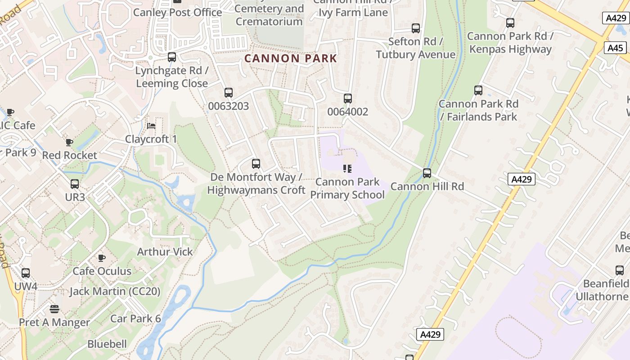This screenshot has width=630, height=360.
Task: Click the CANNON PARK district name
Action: (291, 58)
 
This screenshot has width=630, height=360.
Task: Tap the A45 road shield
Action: (615, 48)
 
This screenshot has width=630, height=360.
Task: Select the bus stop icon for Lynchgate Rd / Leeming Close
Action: (172, 57)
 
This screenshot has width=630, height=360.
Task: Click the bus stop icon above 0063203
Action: (229, 93)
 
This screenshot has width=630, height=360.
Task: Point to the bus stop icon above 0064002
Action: (347, 98)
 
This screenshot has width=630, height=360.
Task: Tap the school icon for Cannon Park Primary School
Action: (347, 169)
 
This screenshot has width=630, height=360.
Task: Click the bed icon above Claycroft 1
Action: (151, 126)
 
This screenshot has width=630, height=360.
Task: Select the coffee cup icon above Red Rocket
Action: (69, 142)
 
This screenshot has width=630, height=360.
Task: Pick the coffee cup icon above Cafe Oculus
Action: (102, 258)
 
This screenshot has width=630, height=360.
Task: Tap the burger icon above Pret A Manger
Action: (54, 309)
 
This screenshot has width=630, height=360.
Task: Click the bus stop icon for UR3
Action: (75, 184)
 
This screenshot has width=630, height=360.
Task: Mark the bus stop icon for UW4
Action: (26, 273)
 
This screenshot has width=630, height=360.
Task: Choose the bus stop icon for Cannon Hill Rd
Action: (427, 173)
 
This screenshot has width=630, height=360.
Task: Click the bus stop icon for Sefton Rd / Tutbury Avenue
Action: (416, 28)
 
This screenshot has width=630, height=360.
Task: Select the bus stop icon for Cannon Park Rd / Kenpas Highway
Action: (510, 22)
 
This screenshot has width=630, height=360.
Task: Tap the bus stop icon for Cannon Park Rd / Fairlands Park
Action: (478, 90)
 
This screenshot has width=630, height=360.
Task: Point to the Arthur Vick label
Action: (165, 252)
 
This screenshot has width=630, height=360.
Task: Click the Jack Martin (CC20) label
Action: (115, 291)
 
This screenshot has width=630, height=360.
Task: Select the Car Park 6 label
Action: (135, 319)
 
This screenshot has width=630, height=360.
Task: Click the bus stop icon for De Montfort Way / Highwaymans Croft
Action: (256, 164)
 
